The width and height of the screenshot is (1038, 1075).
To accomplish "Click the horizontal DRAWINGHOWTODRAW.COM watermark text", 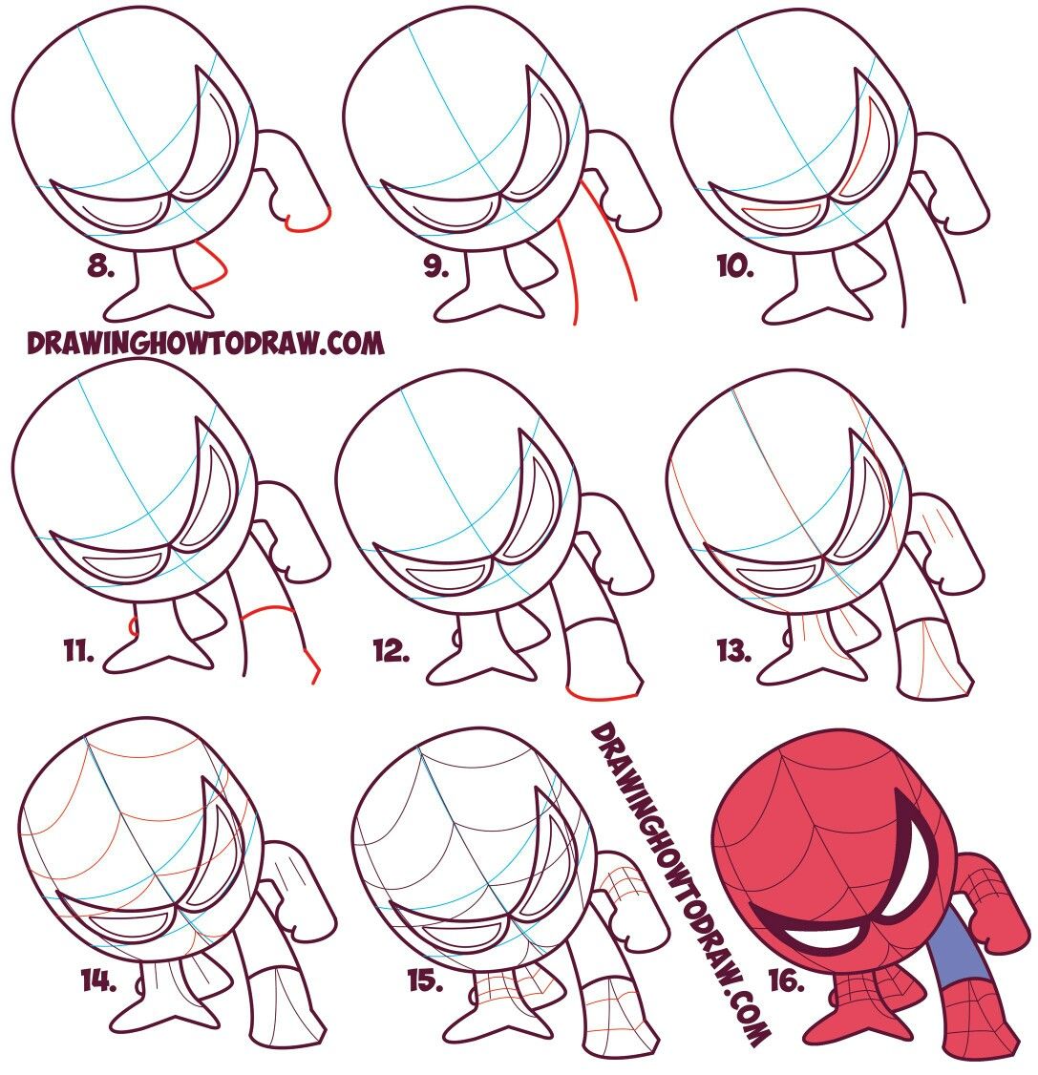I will click(205, 343).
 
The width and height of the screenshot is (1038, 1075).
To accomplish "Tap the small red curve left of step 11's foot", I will click(133, 626).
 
